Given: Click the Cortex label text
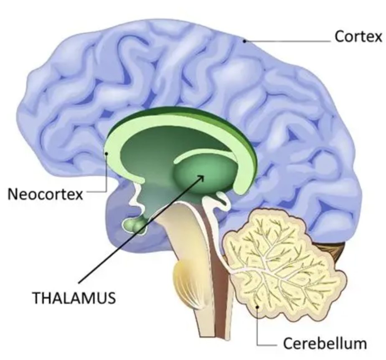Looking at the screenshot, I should (x=358, y=37).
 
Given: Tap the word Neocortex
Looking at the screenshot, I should (x=46, y=194).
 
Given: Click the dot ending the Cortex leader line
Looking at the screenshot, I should (x=245, y=41).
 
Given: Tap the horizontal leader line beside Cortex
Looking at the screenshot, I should (x=288, y=41).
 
